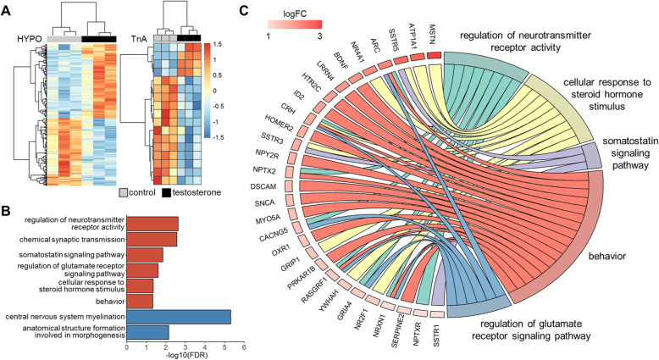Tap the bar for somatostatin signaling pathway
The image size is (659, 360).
pyautogui.click(x=144, y=255)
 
